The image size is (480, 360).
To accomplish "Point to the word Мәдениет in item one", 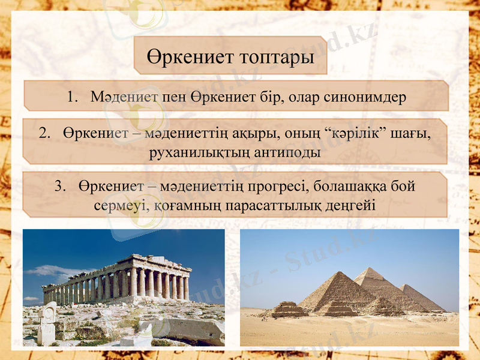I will (x=124, y=97).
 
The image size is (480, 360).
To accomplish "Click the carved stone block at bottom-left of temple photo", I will (x=47, y=324).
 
